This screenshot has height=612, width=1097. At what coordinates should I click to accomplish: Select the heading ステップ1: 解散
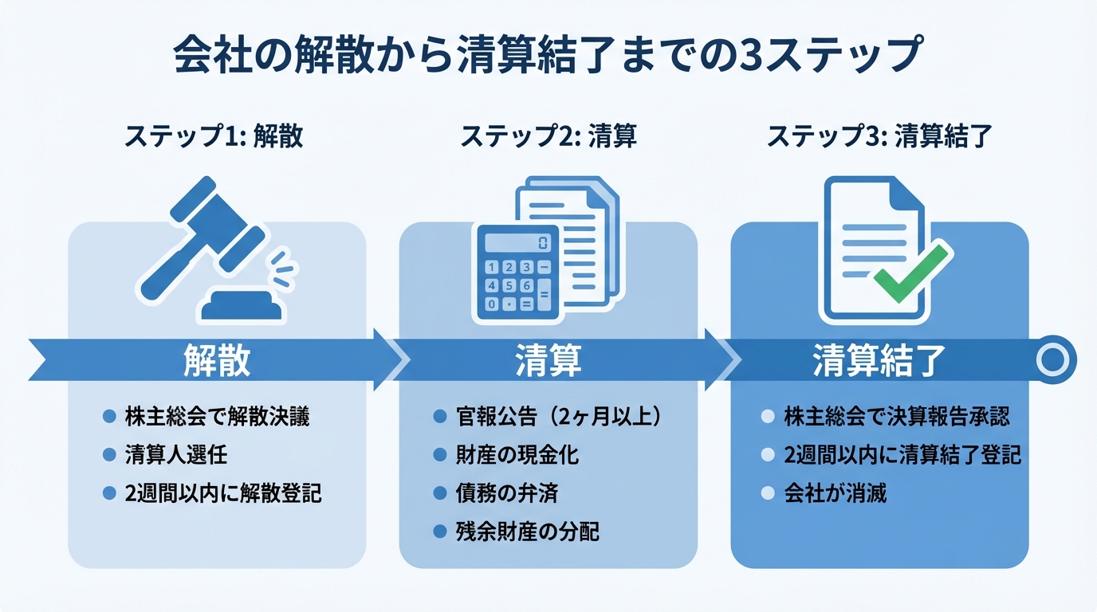[213, 136]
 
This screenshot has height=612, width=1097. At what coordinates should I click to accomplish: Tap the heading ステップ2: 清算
[548, 136]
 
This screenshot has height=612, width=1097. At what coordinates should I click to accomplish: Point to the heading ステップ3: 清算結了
[879, 136]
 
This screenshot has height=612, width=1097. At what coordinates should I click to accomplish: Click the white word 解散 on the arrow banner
[217, 360]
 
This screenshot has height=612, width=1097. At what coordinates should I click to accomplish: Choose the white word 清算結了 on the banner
[879, 360]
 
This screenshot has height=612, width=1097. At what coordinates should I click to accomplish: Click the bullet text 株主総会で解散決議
[217, 416]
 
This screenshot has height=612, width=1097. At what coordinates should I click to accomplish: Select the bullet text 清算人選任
[176, 455]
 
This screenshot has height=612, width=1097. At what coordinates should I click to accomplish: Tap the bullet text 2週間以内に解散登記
[223, 493]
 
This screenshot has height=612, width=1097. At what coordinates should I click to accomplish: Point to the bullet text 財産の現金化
[517, 455]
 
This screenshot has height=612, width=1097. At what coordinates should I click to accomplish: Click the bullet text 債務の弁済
[506, 493]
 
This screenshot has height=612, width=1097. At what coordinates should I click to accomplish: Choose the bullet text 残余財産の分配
[527, 532]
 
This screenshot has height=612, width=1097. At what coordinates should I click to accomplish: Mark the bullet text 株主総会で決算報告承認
[896, 416]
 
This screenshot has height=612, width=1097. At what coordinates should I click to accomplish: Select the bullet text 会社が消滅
[835, 493]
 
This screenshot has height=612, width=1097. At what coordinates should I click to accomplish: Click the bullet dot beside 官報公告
[438, 416]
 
